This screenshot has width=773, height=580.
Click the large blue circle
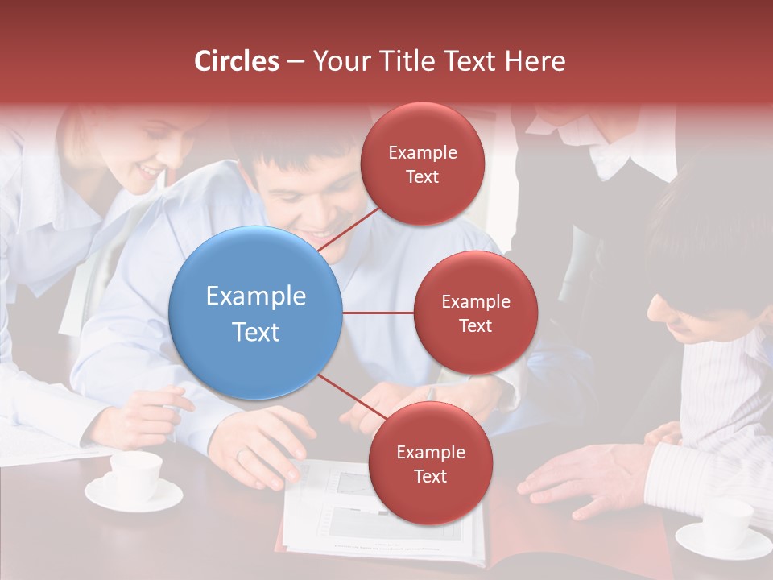click(256, 313)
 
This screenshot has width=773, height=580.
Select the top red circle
click(422, 164)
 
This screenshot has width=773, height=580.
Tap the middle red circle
click(475, 313)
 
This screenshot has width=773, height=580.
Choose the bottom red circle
click(430, 463)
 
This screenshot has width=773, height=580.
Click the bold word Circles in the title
click(237, 61)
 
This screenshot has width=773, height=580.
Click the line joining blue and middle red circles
click(378, 313)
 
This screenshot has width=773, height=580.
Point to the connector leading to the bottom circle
click(351, 397)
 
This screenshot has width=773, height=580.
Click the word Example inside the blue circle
click(256, 296)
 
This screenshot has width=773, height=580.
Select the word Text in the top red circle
click(422, 176)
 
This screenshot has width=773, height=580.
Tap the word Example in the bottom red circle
click(430, 452)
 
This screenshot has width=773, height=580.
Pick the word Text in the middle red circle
click(475, 325)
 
